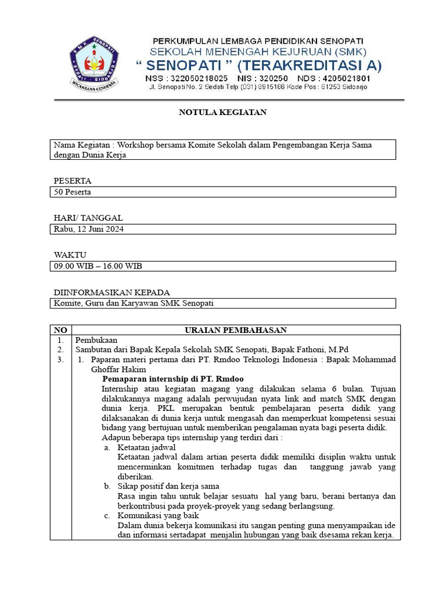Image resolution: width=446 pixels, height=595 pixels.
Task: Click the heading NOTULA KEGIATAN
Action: click(x=222, y=112)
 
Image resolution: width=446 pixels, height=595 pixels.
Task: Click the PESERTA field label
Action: click(x=73, y=181)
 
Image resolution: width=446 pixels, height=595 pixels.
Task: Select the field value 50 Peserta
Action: click(x=73, y=192)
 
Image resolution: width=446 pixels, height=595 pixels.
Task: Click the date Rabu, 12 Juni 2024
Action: click(x=89, y=229)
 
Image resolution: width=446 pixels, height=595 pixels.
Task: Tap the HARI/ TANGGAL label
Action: click(x=88, y=218)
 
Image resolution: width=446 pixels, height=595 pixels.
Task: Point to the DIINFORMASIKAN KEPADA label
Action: click(x=112, y=292)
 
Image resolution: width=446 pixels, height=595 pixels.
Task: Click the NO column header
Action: click(x=60, y=330)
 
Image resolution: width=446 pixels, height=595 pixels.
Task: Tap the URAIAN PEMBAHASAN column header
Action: click(x=235, y=330)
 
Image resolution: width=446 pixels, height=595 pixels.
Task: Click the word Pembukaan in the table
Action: click(x=96, y=340)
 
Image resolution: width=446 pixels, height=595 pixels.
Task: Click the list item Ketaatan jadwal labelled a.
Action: click(x=146, y=447)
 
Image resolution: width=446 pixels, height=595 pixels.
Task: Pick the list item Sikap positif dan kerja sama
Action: click(x=168, y=486)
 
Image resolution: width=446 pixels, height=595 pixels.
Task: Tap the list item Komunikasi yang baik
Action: click(x=154, y=515)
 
